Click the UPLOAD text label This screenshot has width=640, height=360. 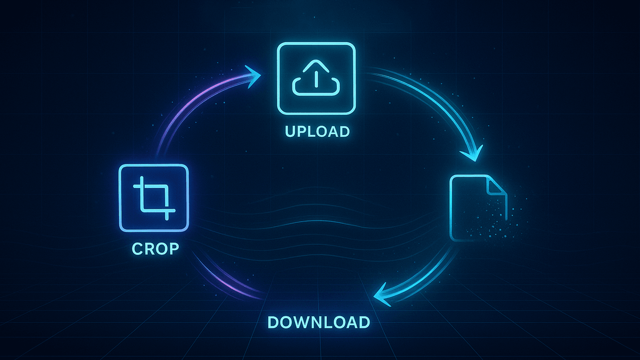317,132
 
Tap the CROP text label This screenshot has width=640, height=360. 156,249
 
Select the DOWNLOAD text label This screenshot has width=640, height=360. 318,322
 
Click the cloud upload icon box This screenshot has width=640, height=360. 316,78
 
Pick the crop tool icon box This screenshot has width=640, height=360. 154,198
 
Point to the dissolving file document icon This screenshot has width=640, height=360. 478,208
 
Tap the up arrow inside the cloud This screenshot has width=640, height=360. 316,76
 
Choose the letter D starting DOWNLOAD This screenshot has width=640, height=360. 274,322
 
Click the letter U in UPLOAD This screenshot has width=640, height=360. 291,132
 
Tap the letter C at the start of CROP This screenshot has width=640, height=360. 138,249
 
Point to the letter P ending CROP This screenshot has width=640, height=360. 174,249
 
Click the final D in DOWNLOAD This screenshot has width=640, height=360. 364,322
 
